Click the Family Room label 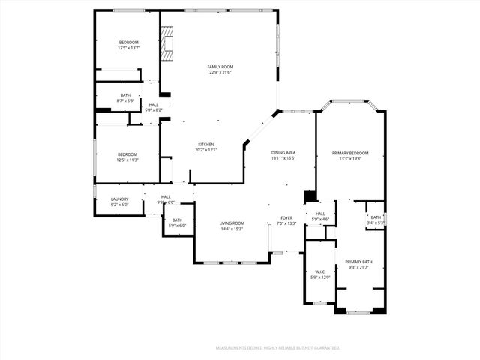coord(220,67)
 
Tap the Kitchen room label coord(205,145)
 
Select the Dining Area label coord(283,153)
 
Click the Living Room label coord(232,223)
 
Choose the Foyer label coord(286,218)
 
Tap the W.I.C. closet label coord(320,272)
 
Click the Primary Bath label coord(358,262)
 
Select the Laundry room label coord(120,199)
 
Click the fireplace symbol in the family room coord(166,44)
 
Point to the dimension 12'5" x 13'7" coord(129,47)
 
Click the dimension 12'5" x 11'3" coord(127,159)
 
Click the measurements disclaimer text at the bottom coord(277,348)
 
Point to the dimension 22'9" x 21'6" coord(220,72)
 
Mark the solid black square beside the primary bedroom coord(309,197)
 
